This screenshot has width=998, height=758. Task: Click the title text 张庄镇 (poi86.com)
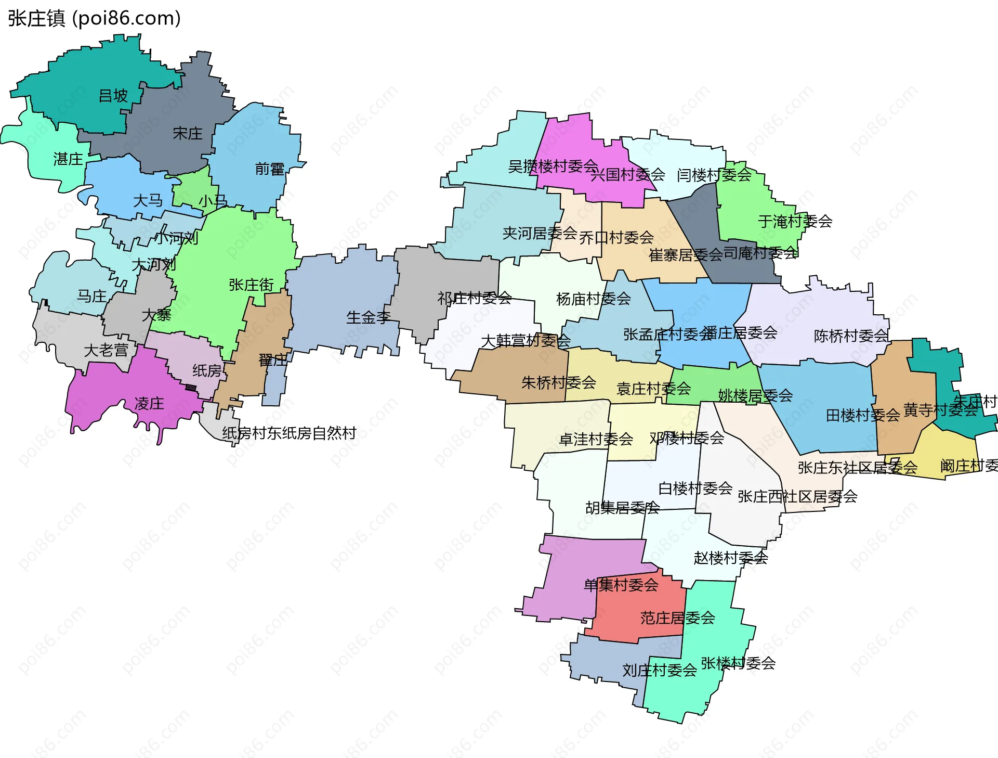(x=94, y=18)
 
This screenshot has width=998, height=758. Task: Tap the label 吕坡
(x=113, y=96)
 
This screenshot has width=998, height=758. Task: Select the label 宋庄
(x=187, y=134)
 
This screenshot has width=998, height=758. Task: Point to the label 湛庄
(x=68, y=159)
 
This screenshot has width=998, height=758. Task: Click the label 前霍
(x=269, y=169)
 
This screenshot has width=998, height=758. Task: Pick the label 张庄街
(x=251, y=285)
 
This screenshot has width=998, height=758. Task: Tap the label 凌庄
(x=149, y=404)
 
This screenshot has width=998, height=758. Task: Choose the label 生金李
(x=369, y=317)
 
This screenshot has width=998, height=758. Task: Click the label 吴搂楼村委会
(x=553, y=166)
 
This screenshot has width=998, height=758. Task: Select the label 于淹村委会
(x=795, y=222)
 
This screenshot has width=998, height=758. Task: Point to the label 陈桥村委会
(x=851, y=336)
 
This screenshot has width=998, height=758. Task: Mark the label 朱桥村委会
(x=558, y=383)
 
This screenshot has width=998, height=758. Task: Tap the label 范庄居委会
(x=677, y=618)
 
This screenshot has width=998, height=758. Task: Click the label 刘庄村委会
(x=660, y=670)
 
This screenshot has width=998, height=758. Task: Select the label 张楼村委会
(x=738, y=663)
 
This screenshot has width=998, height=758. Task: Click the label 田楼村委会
(x=863, y=416)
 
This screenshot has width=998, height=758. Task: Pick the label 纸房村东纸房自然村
(x=289, y=433)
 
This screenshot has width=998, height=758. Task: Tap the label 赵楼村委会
(x=730, y=558)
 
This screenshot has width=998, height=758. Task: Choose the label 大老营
(x=106, y=351)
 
